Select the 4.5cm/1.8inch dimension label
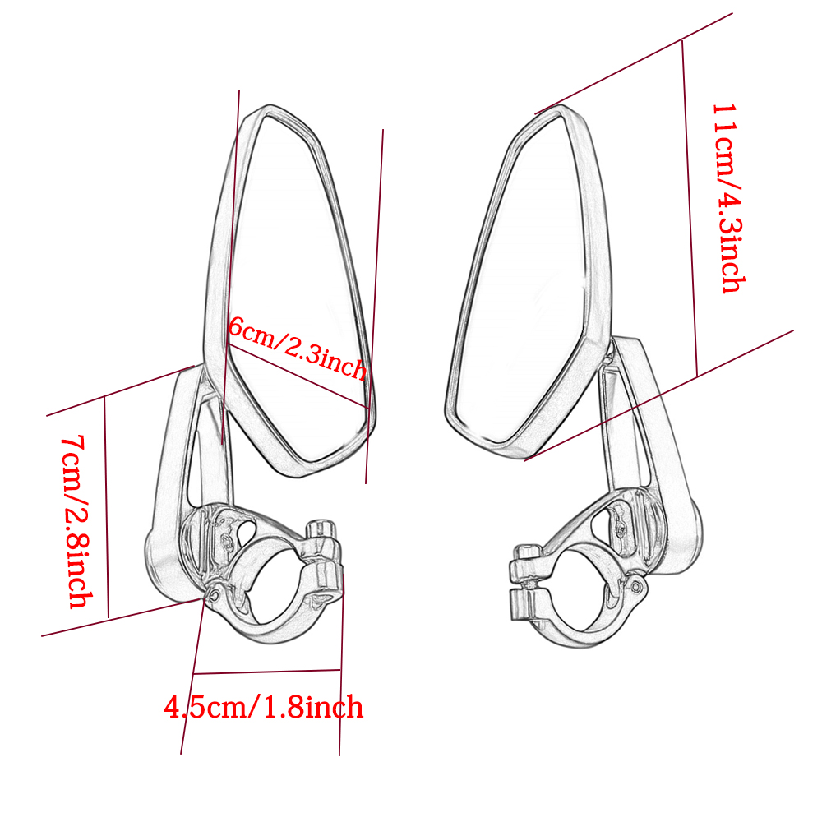tap(264, 707)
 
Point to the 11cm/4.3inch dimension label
tap(728, 197)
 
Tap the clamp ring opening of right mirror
tap(578, 592)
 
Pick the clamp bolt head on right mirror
tap(527, 552)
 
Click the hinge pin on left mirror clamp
tap(215, 595)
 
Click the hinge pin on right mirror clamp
tap(637, 585)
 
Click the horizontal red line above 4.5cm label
tap(267, 672)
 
